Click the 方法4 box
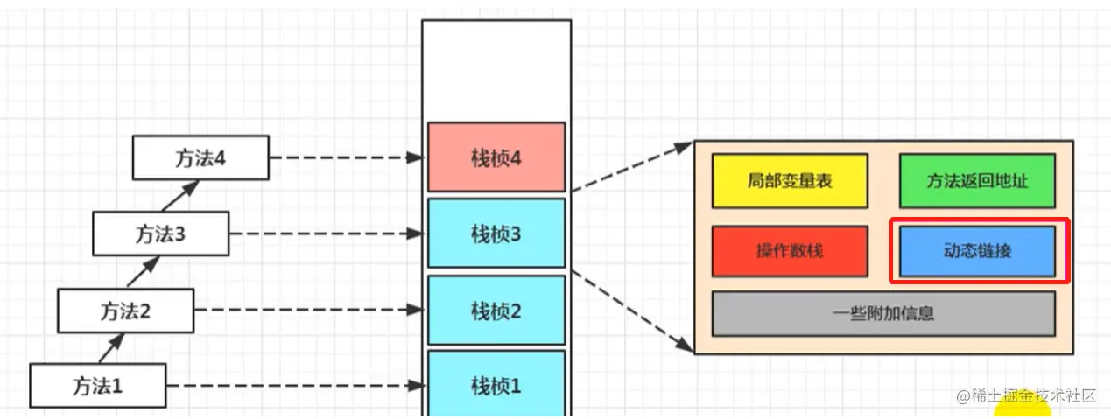coord(200,158)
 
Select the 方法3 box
coord(161,234)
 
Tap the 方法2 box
coord(125,310)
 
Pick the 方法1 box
coord(97,385)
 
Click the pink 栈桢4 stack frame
coord(496,157)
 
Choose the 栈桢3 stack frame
coord(496,234)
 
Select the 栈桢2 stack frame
coord(496,310)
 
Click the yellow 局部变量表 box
coord(790,181)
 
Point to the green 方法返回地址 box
coord(977,181)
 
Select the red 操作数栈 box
coord(790,251)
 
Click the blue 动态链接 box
coord(977,251)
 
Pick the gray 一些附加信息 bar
coord(883,313)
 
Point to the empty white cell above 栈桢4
coord(496,70)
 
